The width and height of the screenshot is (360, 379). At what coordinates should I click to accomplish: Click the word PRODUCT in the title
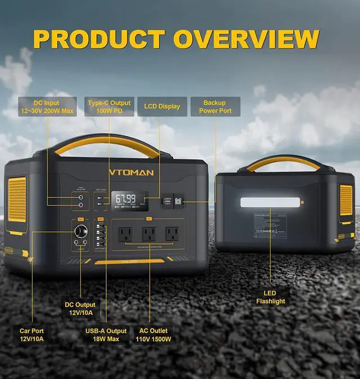(98, 39)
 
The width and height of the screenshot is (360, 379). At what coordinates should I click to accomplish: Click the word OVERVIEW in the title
(246, 39)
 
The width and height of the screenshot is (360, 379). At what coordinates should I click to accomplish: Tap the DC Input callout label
(46, 107)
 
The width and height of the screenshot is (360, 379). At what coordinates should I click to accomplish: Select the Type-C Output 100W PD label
(109, 107)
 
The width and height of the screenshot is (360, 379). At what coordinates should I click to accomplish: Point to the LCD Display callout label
(162, 106)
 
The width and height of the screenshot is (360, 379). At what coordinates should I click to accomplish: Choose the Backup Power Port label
(215, 107)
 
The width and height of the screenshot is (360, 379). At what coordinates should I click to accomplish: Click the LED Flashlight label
(271, 297)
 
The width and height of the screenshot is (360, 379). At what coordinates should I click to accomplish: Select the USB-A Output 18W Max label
(106, 335)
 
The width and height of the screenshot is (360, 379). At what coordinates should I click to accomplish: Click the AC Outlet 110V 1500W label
(154, 335)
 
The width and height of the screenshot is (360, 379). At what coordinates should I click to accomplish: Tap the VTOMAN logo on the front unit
(130, 172)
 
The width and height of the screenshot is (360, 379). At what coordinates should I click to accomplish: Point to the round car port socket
(78, 231)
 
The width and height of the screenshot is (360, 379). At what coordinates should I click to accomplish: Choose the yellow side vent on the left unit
(17, 198)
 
